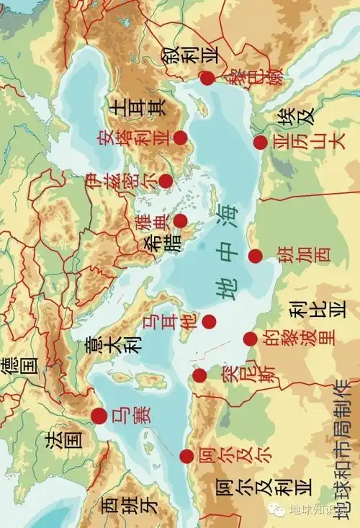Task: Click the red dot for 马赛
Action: pos(99,416)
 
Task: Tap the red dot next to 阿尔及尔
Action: pos(186,456)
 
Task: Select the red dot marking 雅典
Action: pos(180,220)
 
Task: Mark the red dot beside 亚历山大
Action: pos(260,143)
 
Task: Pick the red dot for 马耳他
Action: pos(209,322)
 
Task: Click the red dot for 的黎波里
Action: pos(250,339)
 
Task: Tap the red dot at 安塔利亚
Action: pos(180,137)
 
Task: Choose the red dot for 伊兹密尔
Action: pos(166,181)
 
